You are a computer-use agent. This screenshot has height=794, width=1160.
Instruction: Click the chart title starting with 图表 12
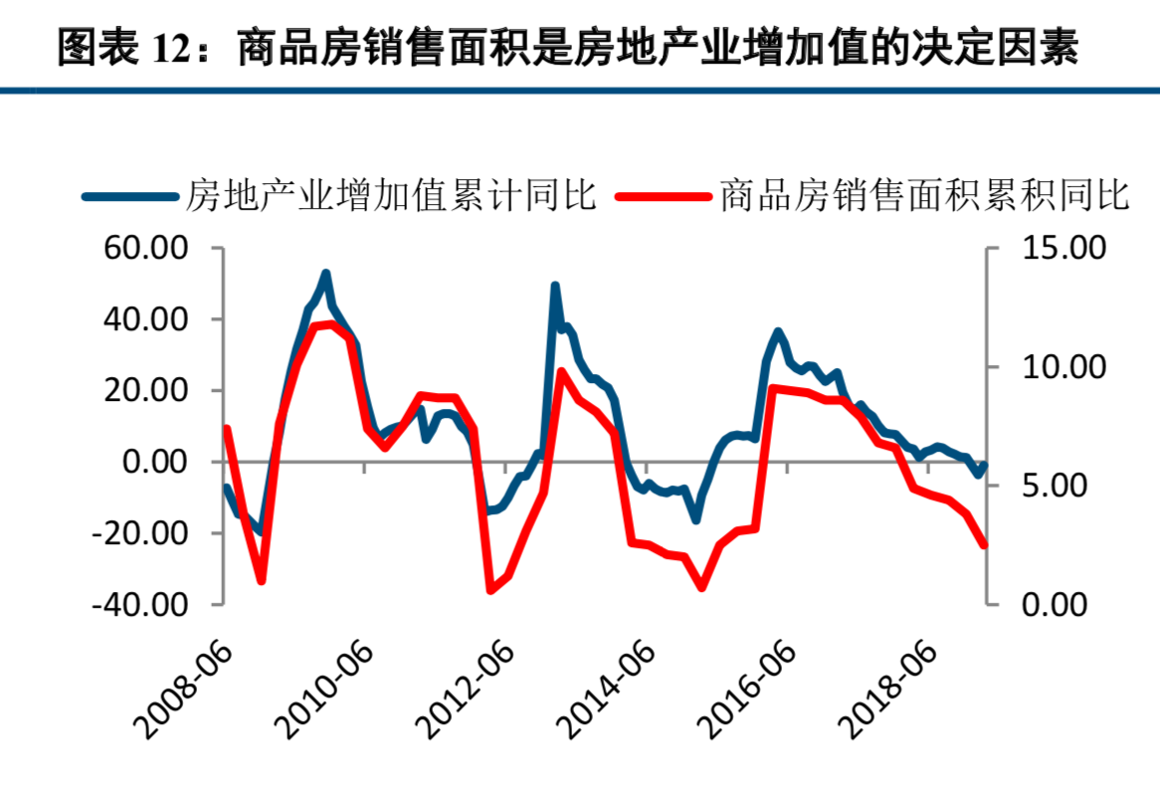click(x=568, y=47)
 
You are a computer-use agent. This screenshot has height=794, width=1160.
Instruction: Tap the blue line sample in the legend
click(x=130, y=195)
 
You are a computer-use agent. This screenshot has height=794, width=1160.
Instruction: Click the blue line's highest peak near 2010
click(x=326, y=273)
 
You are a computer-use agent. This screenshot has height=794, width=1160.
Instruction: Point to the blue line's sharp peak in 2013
click(x=555, y=286)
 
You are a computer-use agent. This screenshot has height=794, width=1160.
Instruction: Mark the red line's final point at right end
click(x=985, y=545)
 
